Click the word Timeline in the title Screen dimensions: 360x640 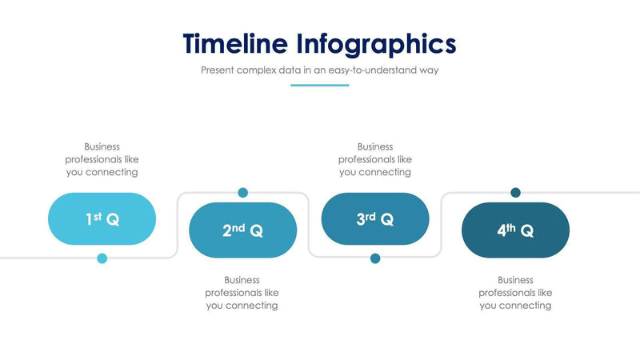coord(235,43)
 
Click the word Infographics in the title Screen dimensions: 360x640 coord(376,44)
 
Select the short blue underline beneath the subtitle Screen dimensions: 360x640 coord(319,85)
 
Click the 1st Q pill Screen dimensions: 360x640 coord(102,218)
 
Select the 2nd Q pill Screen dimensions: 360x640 coord(242,230)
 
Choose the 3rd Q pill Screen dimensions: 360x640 coord(374,218)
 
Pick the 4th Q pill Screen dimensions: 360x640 coord(515,230)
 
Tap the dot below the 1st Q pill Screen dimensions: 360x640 coord(102,258)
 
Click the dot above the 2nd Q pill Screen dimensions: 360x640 coord(242,193)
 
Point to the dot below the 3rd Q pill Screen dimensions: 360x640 coord(375,258)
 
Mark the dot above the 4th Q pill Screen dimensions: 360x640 coord(515,193)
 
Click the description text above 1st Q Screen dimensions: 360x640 coord(102,159)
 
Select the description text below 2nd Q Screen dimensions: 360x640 coord(242,293)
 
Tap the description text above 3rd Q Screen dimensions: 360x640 coord(375,159)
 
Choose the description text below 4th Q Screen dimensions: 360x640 coord(515,293)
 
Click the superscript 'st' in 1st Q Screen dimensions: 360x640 coord(98,215)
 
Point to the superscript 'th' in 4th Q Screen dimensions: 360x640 coord(511,227)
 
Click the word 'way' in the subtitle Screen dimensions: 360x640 coord(429,70)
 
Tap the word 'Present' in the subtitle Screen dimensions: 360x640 coord(218,70)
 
